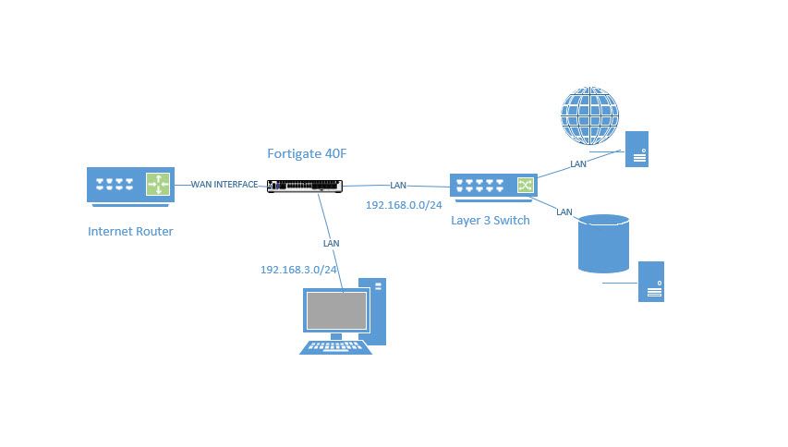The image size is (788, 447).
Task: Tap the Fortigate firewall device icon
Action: [305, 186]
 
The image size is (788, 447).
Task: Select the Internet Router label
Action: [130, 231]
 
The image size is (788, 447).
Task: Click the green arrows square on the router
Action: [157, 185]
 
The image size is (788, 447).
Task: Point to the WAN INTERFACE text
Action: [224, 185]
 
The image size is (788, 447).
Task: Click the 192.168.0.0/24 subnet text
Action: [404, 204]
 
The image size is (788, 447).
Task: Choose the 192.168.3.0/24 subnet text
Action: [298, 270]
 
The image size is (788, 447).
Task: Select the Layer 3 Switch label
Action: [491, 220]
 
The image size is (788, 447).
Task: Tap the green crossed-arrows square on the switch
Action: [525, 186]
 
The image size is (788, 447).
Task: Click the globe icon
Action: [590, 116]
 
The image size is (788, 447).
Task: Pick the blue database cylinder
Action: [603, 244]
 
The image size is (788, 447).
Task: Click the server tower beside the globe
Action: [636, 149]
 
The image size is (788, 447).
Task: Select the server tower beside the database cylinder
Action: [651, 281]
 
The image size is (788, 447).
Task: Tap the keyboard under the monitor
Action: [335, 346]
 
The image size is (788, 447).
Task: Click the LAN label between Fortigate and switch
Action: [398, 185]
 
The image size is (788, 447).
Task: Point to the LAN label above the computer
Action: [331, 243]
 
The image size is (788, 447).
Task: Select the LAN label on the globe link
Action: [578, 163]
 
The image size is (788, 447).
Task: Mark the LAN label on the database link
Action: [564, 211]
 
